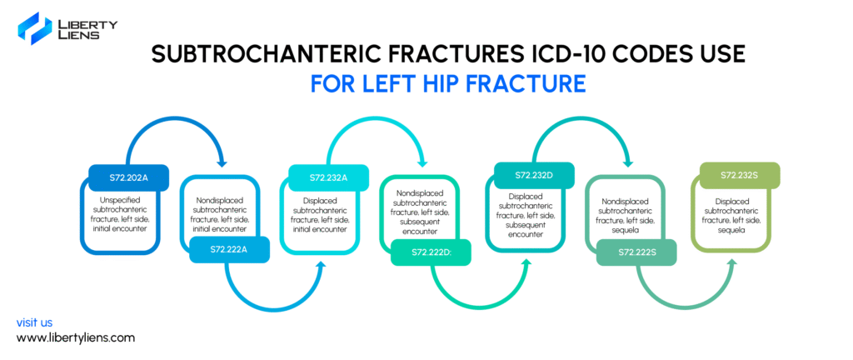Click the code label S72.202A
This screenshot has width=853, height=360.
point(129,177)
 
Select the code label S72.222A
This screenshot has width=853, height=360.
point(230,249)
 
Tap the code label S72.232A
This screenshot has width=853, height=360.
point(328,177)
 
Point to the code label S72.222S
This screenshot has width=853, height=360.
point(636,252)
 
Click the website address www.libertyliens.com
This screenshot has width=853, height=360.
point(76,337)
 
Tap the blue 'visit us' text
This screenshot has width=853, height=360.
point(34,322)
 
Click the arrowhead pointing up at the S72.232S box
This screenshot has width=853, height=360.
point(731,264)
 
